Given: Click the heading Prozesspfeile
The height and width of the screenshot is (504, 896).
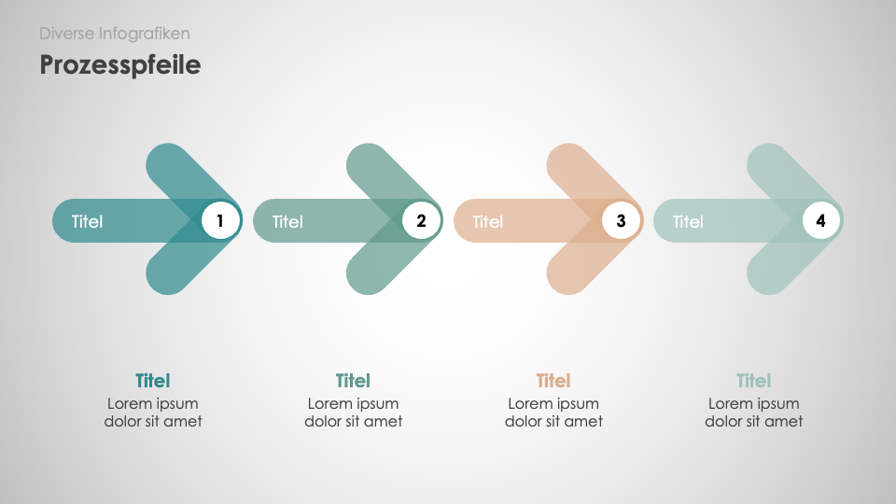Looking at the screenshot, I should coord(119,65).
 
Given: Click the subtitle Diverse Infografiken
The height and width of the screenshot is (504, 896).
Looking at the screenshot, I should coord(115,34).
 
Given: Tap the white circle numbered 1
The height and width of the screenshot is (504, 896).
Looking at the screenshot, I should coord(221,221).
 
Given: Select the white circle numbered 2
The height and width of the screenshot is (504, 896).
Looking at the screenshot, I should coord(421,221).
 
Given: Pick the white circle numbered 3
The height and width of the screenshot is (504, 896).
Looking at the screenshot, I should coord(621,221).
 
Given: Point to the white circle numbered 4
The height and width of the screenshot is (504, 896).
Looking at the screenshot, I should coord(821,221).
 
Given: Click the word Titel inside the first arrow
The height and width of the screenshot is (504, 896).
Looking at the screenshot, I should coord(88,222).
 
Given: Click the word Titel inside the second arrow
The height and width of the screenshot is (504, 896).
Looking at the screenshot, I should coord(287,222).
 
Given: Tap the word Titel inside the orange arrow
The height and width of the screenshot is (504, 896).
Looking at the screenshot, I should coord(488,222).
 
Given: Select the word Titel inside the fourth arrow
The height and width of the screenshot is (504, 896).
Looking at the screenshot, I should coord(688,222).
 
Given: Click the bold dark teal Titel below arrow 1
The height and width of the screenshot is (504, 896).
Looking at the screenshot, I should coord(153,381).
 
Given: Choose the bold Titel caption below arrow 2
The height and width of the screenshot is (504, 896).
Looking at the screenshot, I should coord(353,381).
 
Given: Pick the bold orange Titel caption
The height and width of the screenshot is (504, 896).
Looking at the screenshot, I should coord(553,381).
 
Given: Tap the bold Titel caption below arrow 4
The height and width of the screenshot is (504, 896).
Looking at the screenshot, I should coord(753,381).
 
